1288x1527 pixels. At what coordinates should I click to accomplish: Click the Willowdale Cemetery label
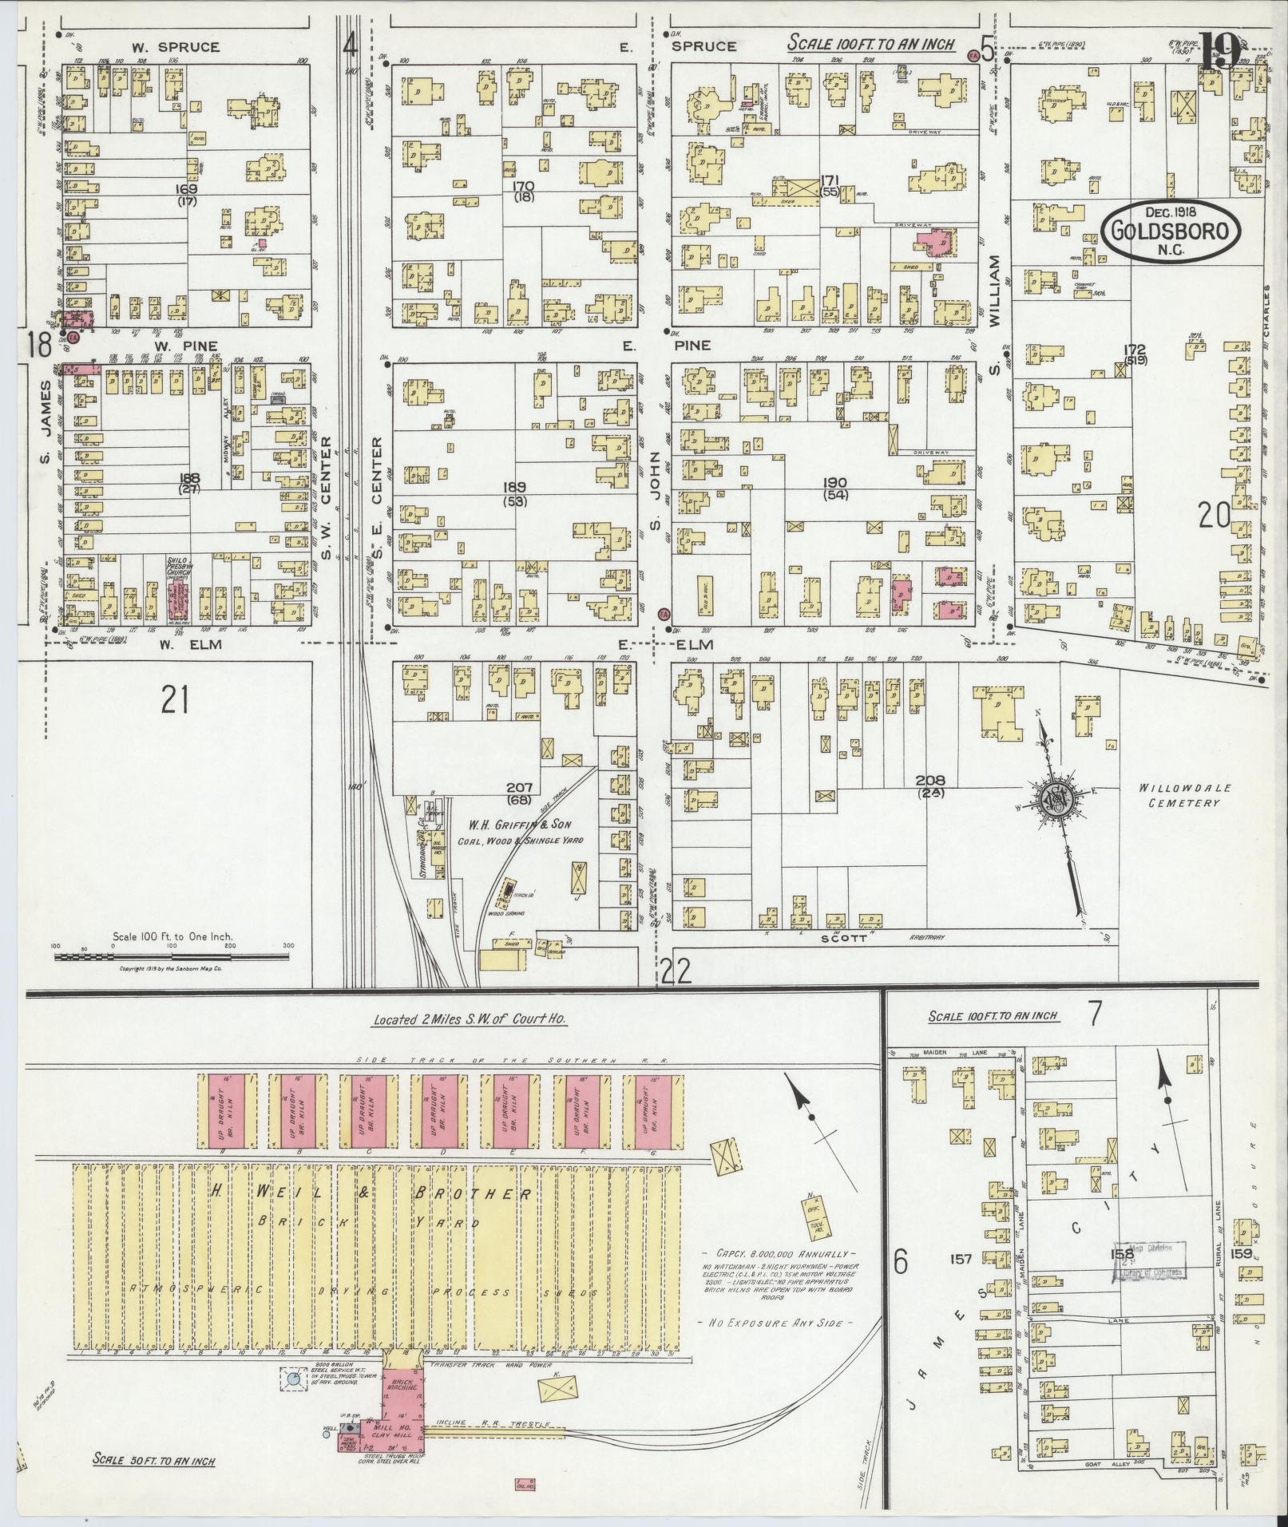coord(1179,795)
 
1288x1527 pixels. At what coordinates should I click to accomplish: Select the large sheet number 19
coord(1218,49)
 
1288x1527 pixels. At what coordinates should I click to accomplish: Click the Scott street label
coord(846,939)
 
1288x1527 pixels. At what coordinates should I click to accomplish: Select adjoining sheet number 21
coord(174,702)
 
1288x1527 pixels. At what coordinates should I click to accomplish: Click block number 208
coord(930,780)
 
